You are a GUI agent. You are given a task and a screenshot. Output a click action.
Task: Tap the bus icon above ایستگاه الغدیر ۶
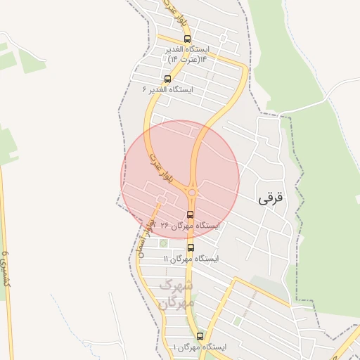pyautogui.click(x=167, y=79)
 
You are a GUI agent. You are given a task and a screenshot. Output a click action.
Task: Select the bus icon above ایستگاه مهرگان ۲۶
pyautogui.click(x=191, y=214)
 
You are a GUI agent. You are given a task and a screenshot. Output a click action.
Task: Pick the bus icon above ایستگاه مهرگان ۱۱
pyautogui.click(x=191, y=247)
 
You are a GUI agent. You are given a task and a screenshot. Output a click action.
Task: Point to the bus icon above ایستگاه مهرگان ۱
pyautogui.click(x=200, y=336)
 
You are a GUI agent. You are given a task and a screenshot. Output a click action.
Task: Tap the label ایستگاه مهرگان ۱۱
pyautogui.click(x=191, y=259)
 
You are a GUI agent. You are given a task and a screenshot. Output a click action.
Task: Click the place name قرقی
pyautogui.click(x=271, y=198)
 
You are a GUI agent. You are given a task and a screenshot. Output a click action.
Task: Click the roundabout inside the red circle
pyautogui.click(x=192, y=192)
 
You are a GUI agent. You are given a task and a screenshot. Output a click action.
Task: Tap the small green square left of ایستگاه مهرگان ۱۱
pyautogui.click(x=164, y=243)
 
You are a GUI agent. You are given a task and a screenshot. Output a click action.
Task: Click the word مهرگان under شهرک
pyautogui.click(x=173, y=303)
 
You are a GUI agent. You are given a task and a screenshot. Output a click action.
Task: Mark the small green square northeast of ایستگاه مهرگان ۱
pyautogui.click(x=237, y=321)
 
